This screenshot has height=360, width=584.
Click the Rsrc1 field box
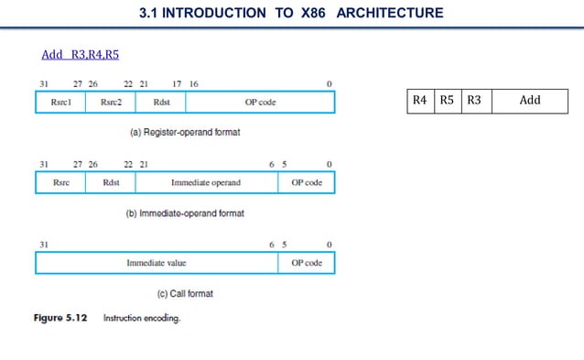point(60,102)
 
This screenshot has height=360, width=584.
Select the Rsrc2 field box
point(110,102)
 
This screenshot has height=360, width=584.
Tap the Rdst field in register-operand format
point(161,102)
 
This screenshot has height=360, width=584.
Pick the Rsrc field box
point(60,182)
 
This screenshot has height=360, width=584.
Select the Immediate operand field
point(206,182)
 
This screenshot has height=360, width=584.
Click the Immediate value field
point(157,263)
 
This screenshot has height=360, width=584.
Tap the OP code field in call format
point(307,263)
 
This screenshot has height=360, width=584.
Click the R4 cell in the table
point(419,100)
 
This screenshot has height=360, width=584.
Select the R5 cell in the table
point(447,100)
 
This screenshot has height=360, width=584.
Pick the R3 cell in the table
point(474,100)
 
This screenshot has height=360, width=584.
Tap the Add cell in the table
point(530,100)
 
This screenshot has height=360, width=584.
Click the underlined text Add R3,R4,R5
point(81,54)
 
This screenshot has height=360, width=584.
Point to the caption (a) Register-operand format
point(184,132)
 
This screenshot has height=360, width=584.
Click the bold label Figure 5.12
point(60,318)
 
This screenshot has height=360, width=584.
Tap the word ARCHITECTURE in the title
point(389,13)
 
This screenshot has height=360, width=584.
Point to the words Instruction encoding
point(142,318)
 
